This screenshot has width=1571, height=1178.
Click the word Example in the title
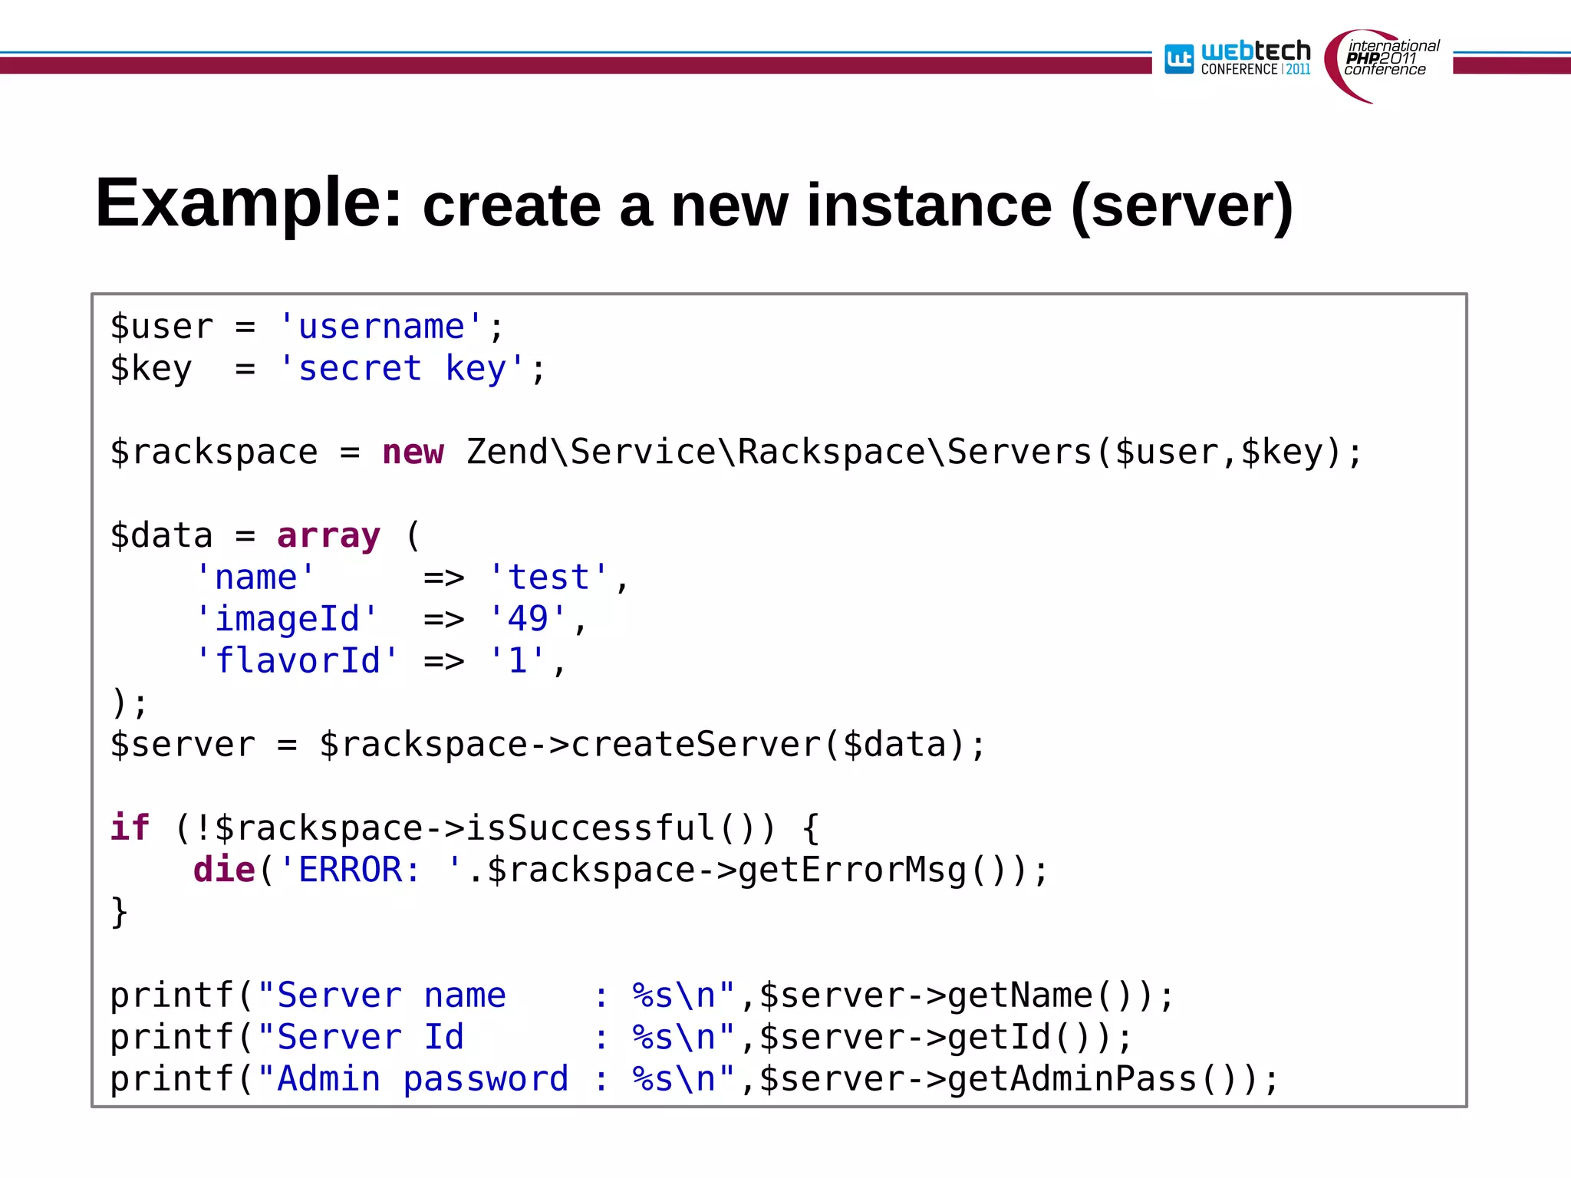coord(248,204)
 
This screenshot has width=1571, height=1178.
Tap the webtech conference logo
coord(1237,58)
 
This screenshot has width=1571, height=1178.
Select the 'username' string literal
coord(381,327)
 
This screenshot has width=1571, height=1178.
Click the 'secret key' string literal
coord(401,369)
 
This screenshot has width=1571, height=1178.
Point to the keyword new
coord(413,452)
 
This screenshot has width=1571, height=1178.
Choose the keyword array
coord(328,536)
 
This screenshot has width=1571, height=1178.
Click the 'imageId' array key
coord(287,619)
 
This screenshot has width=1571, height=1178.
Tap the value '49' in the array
coord(528,619)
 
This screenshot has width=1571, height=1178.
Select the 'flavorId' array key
coord(297,661)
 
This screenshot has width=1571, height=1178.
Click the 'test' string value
coord(548,577)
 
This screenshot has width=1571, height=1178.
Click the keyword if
coord(129,828)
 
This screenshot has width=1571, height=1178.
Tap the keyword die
coord(224,870)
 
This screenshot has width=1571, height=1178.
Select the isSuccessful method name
coord(590,828)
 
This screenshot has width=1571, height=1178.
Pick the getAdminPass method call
coord(1072,1079)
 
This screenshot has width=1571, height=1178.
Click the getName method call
coord(1019,995)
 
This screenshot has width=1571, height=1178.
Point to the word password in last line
coord(486,1079)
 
